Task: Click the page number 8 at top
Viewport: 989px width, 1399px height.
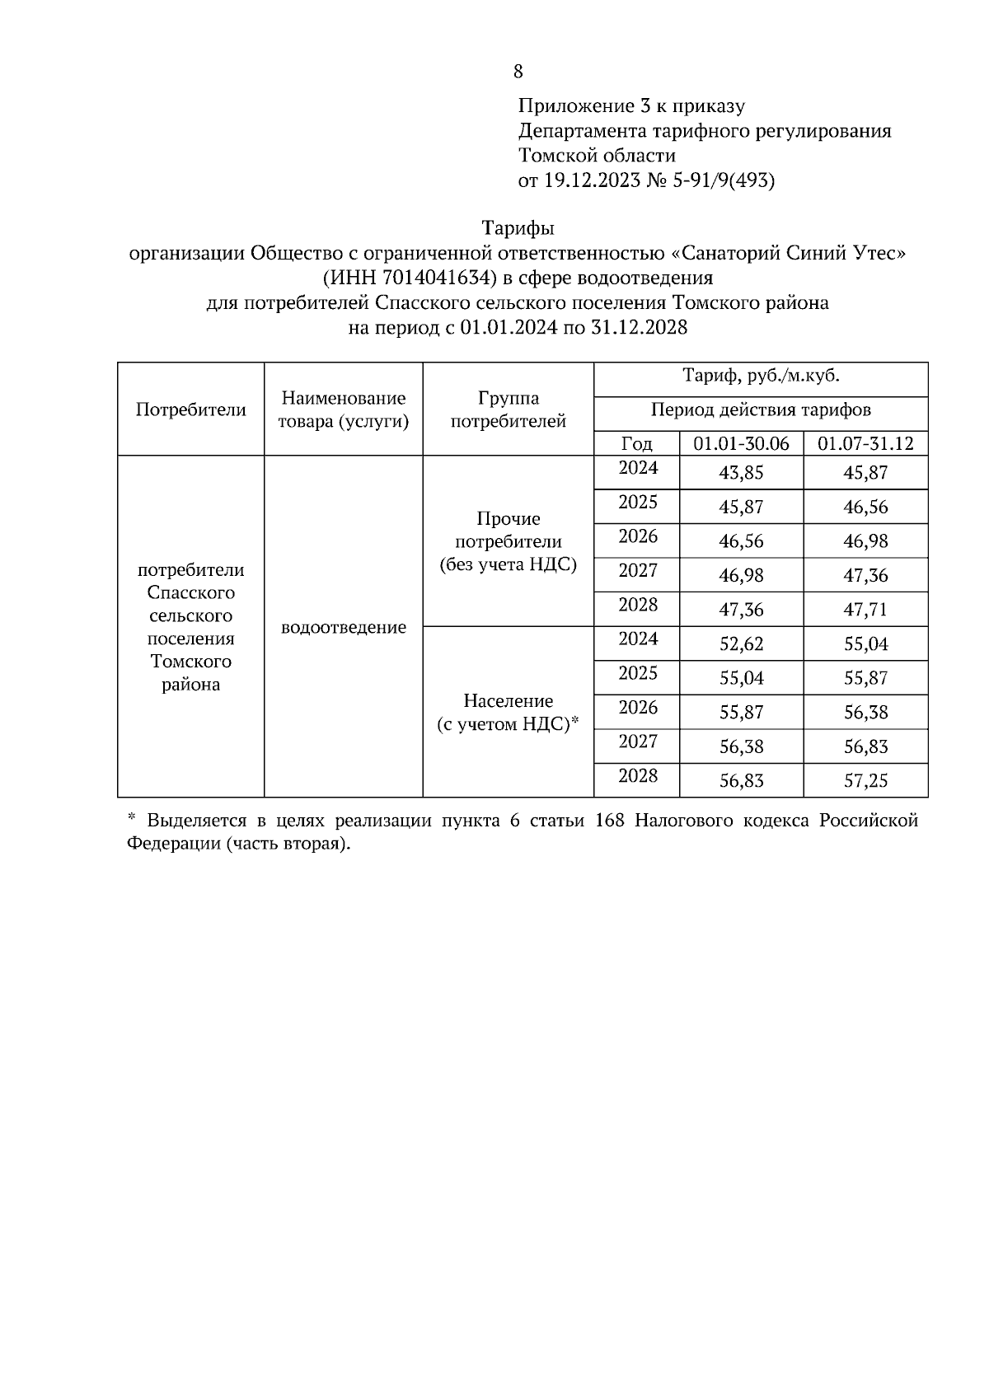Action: [x=518, y=72]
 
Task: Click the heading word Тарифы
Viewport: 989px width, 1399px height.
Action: [x=518, y=227]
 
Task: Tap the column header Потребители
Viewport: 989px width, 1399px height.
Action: [x=190, y=409]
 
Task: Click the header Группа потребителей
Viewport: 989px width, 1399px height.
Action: [x=508, y=409]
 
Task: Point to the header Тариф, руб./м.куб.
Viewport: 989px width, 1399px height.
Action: [x=760, y=377]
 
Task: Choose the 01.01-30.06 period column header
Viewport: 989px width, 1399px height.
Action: [x=741, y=443]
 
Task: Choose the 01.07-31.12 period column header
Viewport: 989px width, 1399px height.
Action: [x=865, y=443]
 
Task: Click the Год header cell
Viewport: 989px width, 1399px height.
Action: [x=636, y=443]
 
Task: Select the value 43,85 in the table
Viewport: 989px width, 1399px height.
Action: [x=741, y=473]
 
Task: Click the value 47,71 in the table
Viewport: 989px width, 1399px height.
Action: [x=865, y=610]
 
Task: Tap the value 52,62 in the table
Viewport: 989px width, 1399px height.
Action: [x=741, y=644]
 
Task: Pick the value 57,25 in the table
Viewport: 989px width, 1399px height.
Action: [x=865, y=781]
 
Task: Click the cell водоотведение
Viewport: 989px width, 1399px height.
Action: [x=343, y=628]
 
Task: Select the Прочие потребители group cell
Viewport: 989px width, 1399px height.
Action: [x=508, y=541]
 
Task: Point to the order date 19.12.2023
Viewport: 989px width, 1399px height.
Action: [x=591, y=180]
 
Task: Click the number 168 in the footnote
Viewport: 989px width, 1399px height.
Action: [x=609, y=821]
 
